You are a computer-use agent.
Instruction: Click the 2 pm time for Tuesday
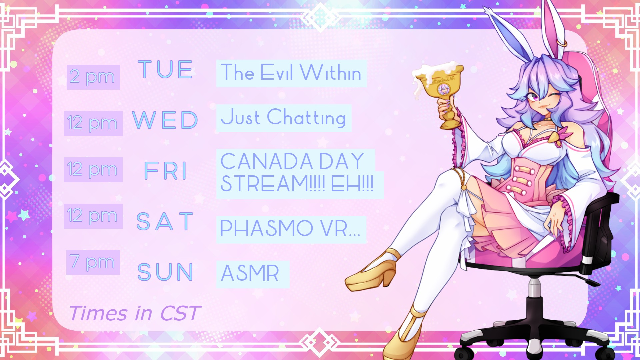tap(93, 77)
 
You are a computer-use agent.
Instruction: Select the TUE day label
tap(165, 70)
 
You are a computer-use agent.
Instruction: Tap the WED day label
tap(165, 120)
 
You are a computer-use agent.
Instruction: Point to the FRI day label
tap(165, 171)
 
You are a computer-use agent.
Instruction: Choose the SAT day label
tap(165, 221)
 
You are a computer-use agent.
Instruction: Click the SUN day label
tap(165, 272)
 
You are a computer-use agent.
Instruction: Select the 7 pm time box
tap(93, 262)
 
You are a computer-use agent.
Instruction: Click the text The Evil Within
tap(291, 73)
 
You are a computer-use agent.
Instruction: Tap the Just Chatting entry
tap(283, 117)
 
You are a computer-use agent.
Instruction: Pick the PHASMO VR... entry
tap(290, 229)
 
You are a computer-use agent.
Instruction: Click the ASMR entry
tap(250, 273)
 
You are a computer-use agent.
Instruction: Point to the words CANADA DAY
tap(292, 161)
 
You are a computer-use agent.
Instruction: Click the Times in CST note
tap(135, 313)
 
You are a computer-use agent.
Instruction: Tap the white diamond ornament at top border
tap(320, 17)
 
